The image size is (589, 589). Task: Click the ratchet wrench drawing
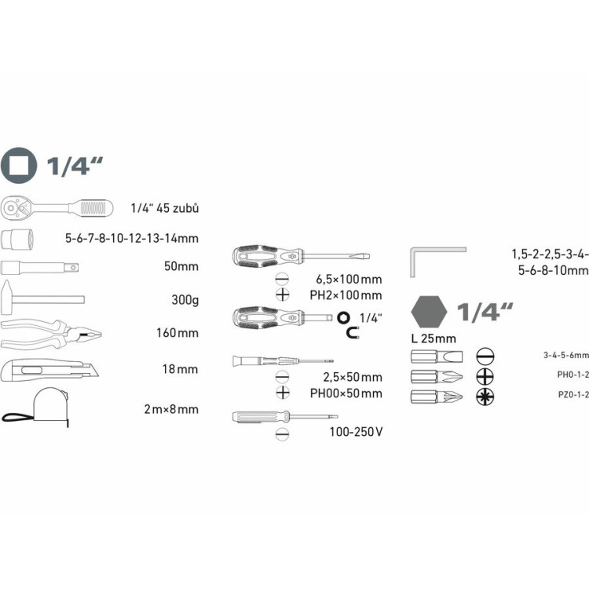[57, 208]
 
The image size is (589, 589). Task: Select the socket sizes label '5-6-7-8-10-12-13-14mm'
[132, 238]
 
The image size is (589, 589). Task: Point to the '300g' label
[185, 300]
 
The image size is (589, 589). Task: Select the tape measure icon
[36, 407]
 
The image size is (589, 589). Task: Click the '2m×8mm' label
[171, 409]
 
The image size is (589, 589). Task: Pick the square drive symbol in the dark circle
[19, 165]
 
